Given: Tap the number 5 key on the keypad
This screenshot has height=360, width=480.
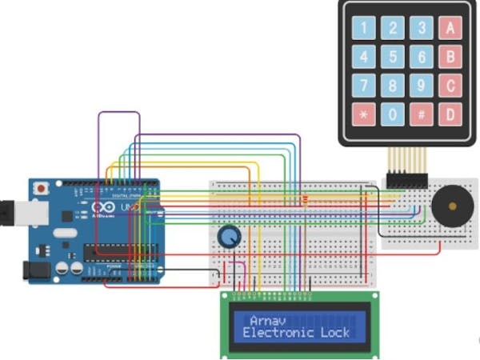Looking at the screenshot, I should tap(393, 58).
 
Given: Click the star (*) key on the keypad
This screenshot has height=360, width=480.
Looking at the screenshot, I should tap(365, 114).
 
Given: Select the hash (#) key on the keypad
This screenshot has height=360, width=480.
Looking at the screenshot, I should tap(421, 114).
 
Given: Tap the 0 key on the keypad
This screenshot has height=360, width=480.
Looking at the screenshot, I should tap(393, 114).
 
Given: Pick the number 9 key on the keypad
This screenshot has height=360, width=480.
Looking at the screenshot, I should tap(421, 86).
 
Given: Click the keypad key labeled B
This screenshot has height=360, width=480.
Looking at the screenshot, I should tap(450, 58).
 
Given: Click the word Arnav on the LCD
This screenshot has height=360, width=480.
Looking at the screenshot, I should tap(265, 319).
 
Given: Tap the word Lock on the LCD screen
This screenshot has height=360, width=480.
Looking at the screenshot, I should tap(334, 332).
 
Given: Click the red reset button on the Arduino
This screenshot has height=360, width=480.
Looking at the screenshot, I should tap(40, 188).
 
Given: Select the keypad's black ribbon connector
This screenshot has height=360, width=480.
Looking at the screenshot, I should tap(407, 178).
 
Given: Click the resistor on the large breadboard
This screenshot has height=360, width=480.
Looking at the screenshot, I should tap(306, 198).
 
